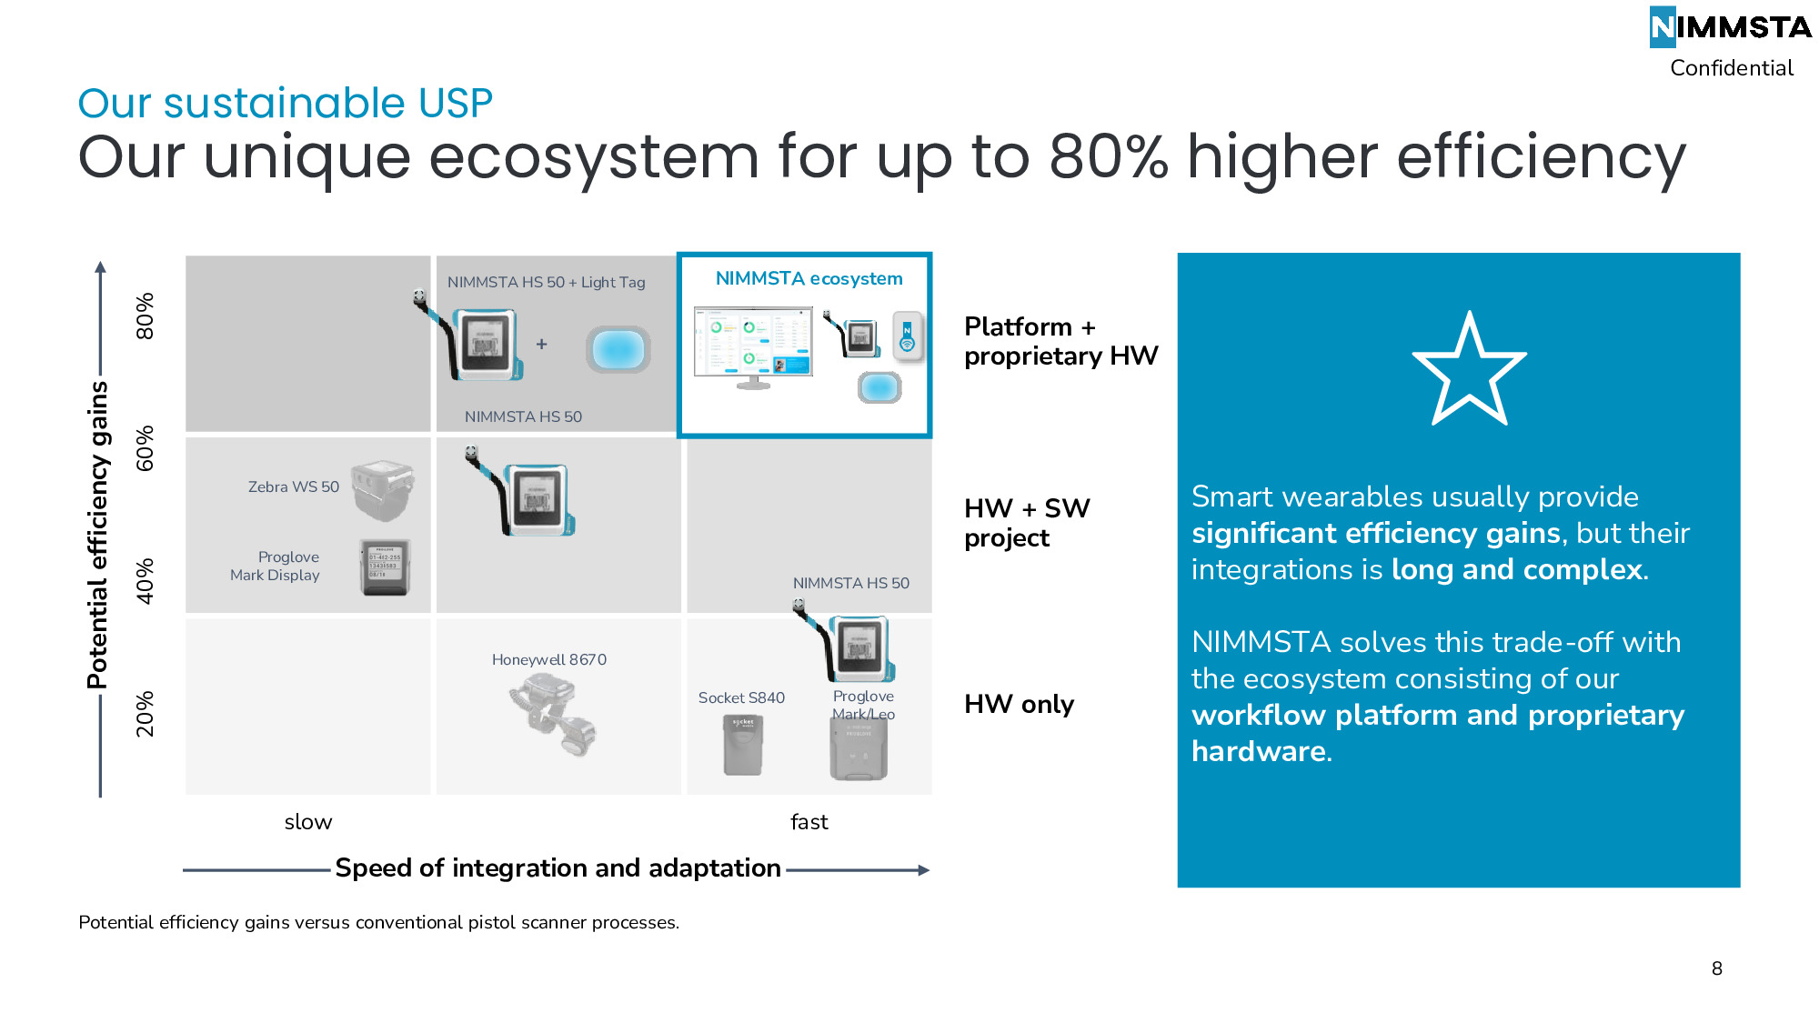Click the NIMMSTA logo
1730,27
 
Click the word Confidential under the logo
1732,68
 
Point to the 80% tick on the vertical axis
145,316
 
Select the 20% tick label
145,714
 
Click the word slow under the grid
308,822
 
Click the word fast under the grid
809,822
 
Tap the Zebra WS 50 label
294,486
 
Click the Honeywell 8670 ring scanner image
553,715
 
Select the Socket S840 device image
743,745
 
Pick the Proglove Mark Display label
275,566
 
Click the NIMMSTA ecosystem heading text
809,278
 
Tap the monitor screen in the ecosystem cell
753,341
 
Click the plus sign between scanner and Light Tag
541,344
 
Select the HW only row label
1020,704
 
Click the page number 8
1717,968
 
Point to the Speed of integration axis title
558,868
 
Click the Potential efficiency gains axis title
97,535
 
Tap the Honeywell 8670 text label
549,659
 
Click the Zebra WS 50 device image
383,489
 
